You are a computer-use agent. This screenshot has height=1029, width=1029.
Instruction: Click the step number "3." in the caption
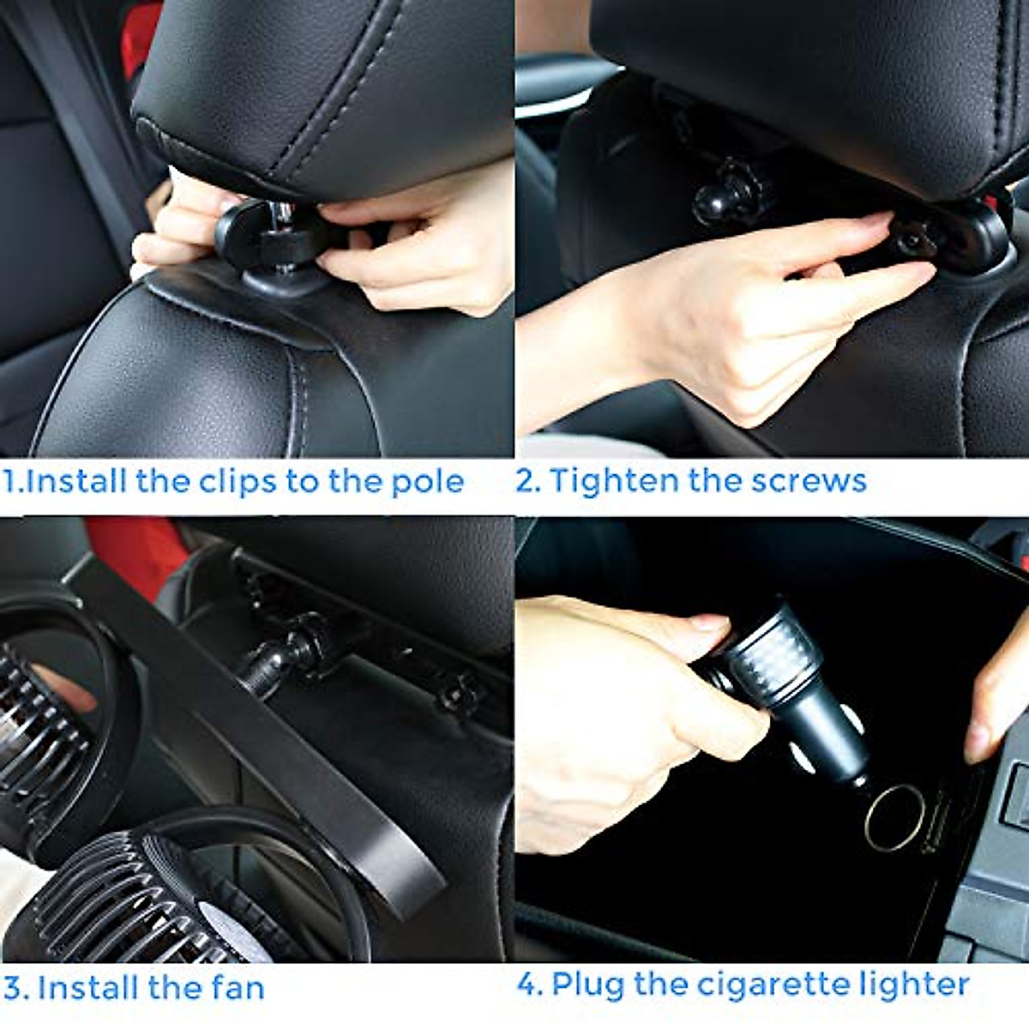(x=16, y=988)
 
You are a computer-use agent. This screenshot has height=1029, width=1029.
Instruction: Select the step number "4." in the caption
(x=530, y=984)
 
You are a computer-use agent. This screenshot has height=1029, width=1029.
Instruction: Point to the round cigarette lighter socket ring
(x=894, y=817)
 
